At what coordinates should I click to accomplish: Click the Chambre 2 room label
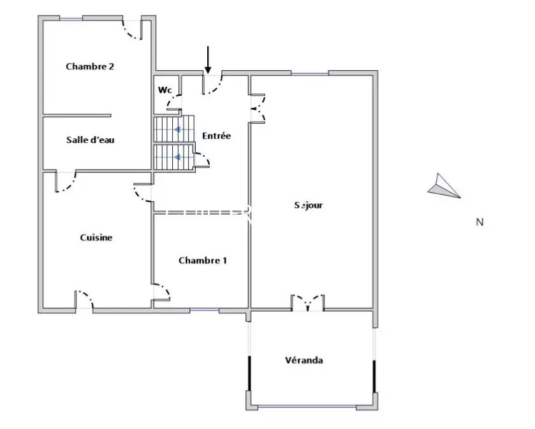pyautogui.click(x=90, y=66)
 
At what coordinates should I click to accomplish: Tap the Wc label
pyautogui.click(x=165, y=90)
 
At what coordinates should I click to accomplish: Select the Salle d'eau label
pyautogui.click(x=91, y=140)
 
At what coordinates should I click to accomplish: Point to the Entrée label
pyautogui.click(x=216, y=136)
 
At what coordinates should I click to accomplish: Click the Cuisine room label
pyautogui.click(x=96, y=237)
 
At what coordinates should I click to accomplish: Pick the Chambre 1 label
pyautogui.click(x=203, y=261)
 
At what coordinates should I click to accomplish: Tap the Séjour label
pyautogui.click(x=309, y=205)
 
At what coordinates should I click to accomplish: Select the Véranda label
pyautogui.click(x=304, y=360)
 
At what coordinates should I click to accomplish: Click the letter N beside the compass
pyautogui.click(x=480, y=222)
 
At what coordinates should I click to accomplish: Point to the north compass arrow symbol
pyautogui.click(x=444, y=187)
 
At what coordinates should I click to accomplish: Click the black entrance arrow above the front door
pyautogui.click(x=207, y=60)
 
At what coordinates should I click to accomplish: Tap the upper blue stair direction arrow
pyautogui.click(x=177, y=129)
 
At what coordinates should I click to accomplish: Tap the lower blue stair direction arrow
pyautogui.click(x=177, y=157)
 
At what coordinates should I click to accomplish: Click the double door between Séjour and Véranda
pyautogui.click(x=308, y=302)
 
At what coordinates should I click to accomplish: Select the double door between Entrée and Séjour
pyautogui.click(x=258, y=108)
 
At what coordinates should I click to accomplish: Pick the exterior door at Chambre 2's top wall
pyautogui.click(x=133, y=29)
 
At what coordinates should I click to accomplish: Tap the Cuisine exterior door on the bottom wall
pyautogui.click(x=84, y=300)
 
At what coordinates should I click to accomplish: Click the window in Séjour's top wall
pyautogui.click(x=310, y=73)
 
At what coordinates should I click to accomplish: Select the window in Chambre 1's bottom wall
pyautogui.click(x=205, y=310)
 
